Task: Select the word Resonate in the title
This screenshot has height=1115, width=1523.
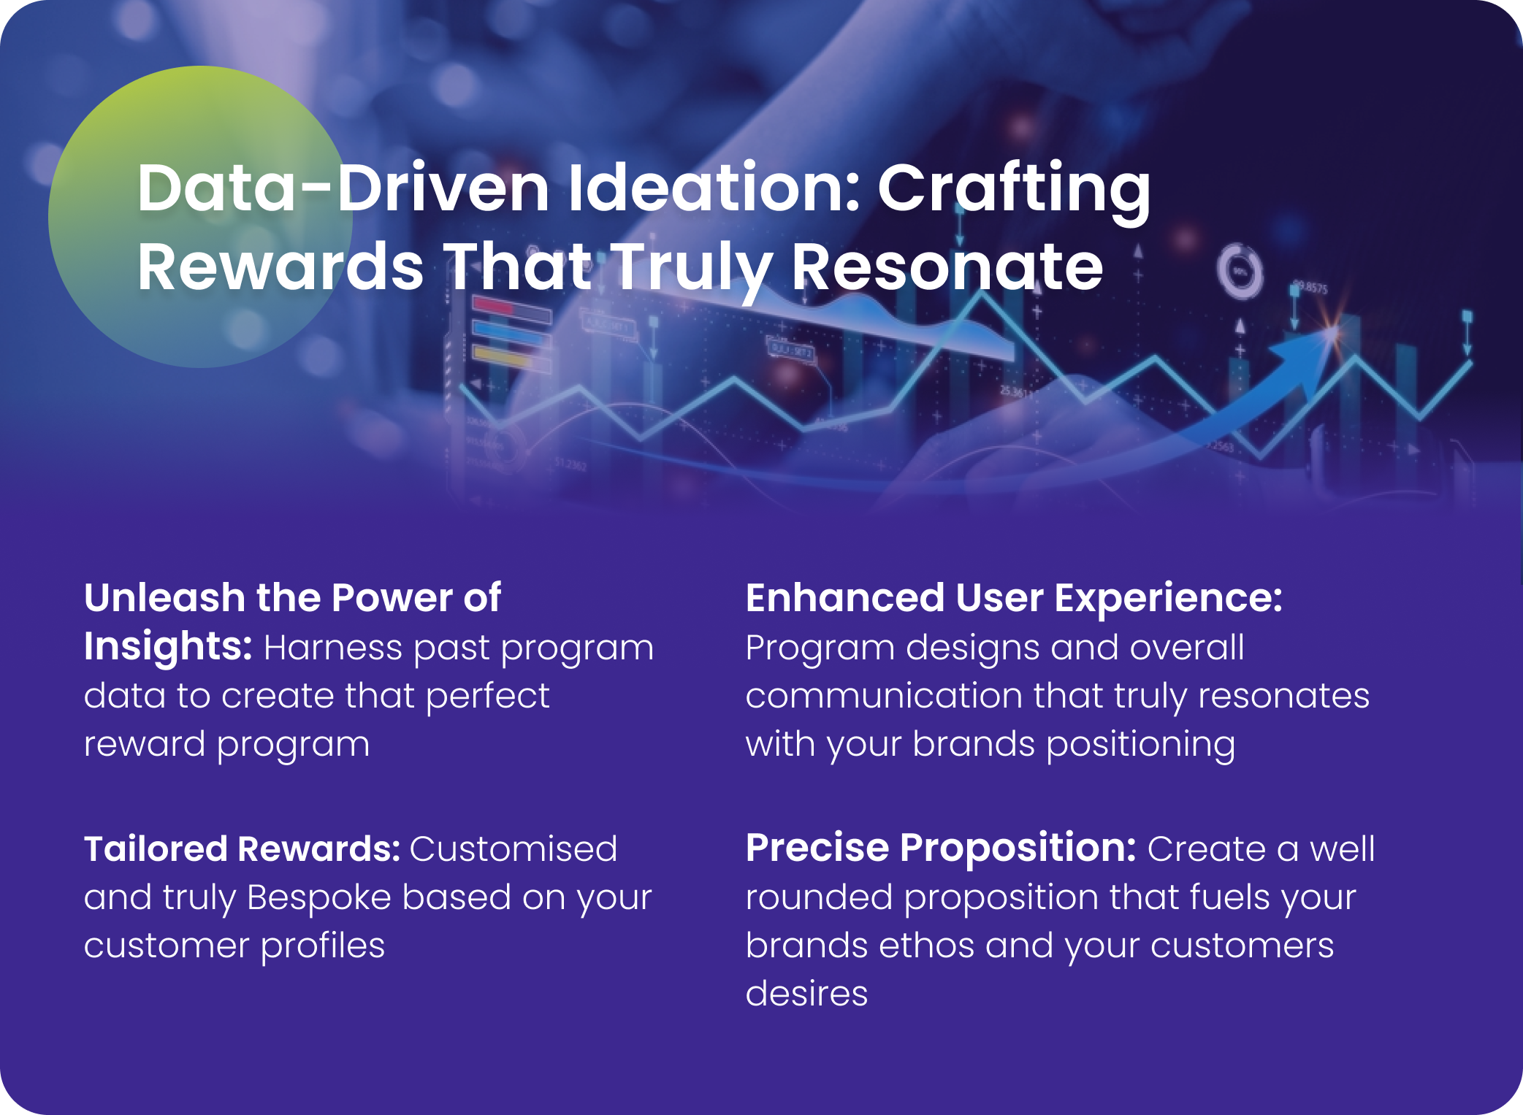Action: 947,267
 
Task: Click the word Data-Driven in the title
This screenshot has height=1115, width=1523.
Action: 343,188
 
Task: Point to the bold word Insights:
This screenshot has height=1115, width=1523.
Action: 168,648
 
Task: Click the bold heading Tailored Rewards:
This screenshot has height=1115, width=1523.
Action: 242,848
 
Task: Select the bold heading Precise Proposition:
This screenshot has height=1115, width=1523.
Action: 941,849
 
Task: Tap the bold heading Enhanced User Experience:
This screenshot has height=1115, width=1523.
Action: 1014,598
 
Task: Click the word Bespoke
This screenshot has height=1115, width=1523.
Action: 319,898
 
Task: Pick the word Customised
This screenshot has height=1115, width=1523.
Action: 514,848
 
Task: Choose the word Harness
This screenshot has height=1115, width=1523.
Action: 333,648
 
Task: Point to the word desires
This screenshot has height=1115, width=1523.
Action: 806,994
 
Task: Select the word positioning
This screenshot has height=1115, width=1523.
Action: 1141,746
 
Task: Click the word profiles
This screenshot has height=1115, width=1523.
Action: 323,946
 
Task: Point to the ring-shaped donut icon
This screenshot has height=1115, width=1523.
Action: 1240,272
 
